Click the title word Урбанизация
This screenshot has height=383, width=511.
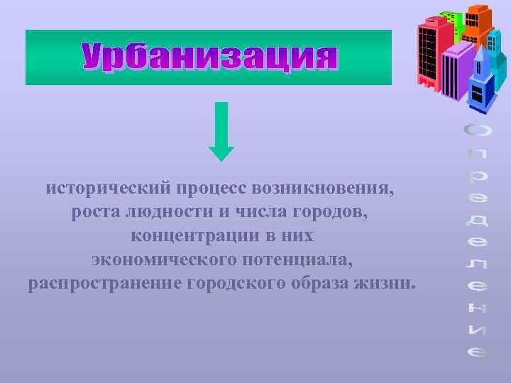click(209, 57)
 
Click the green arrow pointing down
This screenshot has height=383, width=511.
click(221, 131)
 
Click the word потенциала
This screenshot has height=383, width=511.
click(306, 259)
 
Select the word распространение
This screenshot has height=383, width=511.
click(105, 283)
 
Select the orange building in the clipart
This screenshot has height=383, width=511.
click(480, 25)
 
